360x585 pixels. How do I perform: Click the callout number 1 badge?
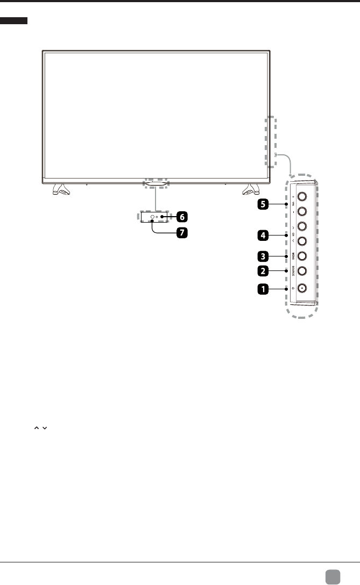pos(263,289)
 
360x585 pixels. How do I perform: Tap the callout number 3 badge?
pos(263,255)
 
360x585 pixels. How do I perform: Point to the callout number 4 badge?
pos(263,235)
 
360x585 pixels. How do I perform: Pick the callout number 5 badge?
pos(263,205)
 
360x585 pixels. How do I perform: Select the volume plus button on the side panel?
pos(301,197)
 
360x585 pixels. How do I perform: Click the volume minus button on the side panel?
pos(301,211)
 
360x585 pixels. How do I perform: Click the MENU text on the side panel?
pos(293,256)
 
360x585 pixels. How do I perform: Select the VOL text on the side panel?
pos(293,204)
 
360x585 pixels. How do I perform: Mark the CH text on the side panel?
pos(293,234)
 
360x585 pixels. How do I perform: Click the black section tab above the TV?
pos(14,20)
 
